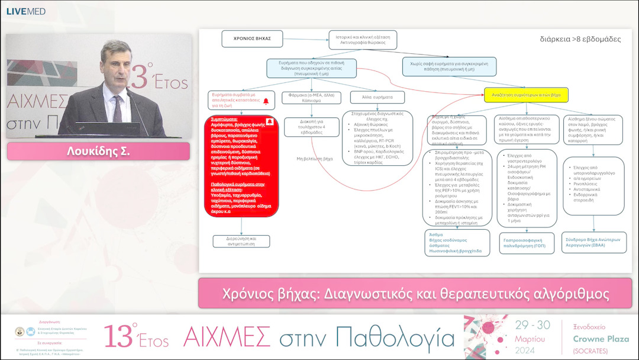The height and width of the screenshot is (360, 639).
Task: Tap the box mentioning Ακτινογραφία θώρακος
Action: [x=362, y=40]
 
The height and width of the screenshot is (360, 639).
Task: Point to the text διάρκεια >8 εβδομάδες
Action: [x=580, y=39]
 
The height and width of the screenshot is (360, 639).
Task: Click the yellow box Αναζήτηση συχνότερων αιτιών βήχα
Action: [x=526, y=94]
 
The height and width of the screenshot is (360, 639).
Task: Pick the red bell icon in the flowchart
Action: [x=266, y=101]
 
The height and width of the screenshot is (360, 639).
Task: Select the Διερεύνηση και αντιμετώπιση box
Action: [x=241, y=241]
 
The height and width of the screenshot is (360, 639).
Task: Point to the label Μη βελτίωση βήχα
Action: [x=314, y=159]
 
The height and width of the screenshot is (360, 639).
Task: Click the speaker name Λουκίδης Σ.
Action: [x=98, y=151]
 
